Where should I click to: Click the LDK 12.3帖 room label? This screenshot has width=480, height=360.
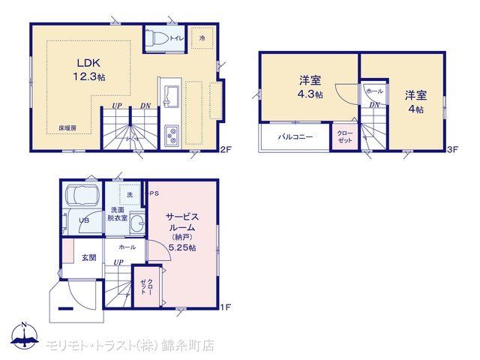88,70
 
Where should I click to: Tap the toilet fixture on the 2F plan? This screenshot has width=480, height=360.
157,38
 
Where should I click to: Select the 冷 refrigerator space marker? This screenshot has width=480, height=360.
202,38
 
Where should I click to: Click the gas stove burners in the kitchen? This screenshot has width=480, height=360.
172,135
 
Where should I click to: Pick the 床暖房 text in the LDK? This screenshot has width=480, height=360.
67,128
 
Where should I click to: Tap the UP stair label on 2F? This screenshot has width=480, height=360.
117,106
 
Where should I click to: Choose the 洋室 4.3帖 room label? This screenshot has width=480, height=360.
310,87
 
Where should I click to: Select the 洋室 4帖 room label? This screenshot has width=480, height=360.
415,102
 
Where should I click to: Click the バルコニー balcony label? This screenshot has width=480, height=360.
295,136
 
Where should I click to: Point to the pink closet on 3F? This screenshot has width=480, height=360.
345,136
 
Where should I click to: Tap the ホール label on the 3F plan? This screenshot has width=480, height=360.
374,91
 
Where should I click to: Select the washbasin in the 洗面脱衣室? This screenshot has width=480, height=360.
137,223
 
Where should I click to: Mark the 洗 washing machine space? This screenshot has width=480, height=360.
130,195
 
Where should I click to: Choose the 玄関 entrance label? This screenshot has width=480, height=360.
88,258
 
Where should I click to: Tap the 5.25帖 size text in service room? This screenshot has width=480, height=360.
182,247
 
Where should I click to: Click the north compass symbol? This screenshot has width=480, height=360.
25,335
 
